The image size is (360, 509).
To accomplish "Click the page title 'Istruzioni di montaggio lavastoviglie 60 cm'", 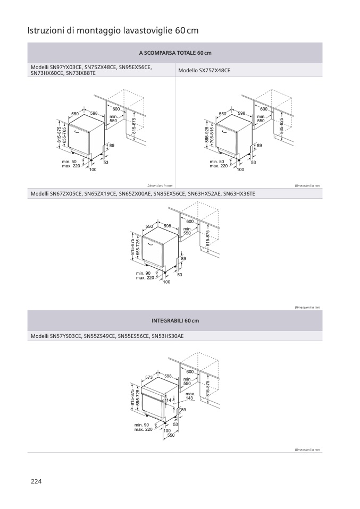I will (x=113, y=31).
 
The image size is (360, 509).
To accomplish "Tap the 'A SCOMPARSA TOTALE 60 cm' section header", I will (x=175, y=53).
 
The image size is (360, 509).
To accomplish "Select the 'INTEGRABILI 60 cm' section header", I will (x=175, y=321).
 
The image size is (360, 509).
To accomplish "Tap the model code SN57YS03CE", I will (x=65, y=336).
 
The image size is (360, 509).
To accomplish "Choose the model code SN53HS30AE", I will (x=168, y=336).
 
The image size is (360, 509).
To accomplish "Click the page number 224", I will (x=36, y=481).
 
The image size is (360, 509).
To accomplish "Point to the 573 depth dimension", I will (x=149, y=377).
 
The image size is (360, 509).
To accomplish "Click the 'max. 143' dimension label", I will (x=189, y=396).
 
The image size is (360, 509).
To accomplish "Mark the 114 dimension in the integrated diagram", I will (x=169, y=400).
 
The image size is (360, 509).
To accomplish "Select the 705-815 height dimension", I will (x=212, y=137).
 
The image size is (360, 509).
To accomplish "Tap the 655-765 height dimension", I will (x=64, y=137).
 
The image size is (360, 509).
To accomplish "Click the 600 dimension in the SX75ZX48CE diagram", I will (x=264, y=109).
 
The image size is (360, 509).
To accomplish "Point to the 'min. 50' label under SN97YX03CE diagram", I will (x=69, y=161).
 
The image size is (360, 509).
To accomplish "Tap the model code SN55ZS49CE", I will (x=99, y=336).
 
